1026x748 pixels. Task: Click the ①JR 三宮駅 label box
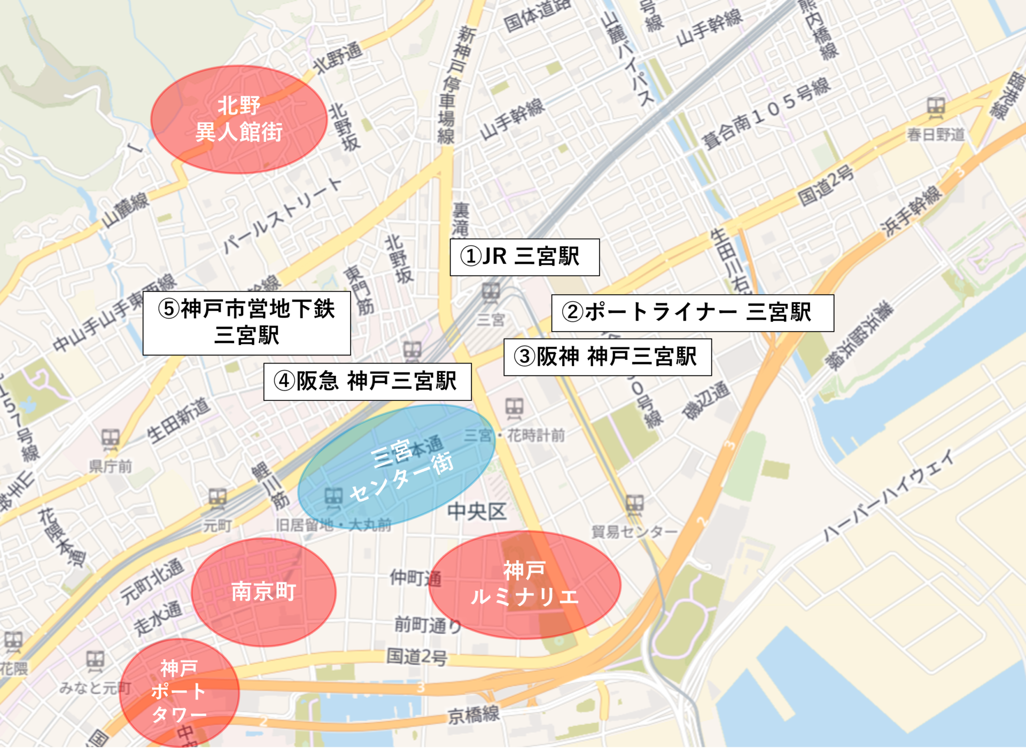click(x=524, y=257)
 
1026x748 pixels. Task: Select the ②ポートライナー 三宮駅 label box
click(x=692, y=313)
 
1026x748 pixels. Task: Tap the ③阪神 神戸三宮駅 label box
click(x=607, y=357)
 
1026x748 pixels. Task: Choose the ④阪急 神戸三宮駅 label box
click(x=367, y=382)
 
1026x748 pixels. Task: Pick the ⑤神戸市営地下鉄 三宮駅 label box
click(x=246, y=322)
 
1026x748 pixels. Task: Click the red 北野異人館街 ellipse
click(x=238, y=120)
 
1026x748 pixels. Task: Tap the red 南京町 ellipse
click(x=263, y=592)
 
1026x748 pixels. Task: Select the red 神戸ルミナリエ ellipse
click(x=524, y=585)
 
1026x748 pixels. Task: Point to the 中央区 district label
click(x=477, y=511)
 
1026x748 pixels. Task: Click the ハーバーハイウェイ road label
click(x=888, y=495)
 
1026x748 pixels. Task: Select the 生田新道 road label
click(x=178, y=420)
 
